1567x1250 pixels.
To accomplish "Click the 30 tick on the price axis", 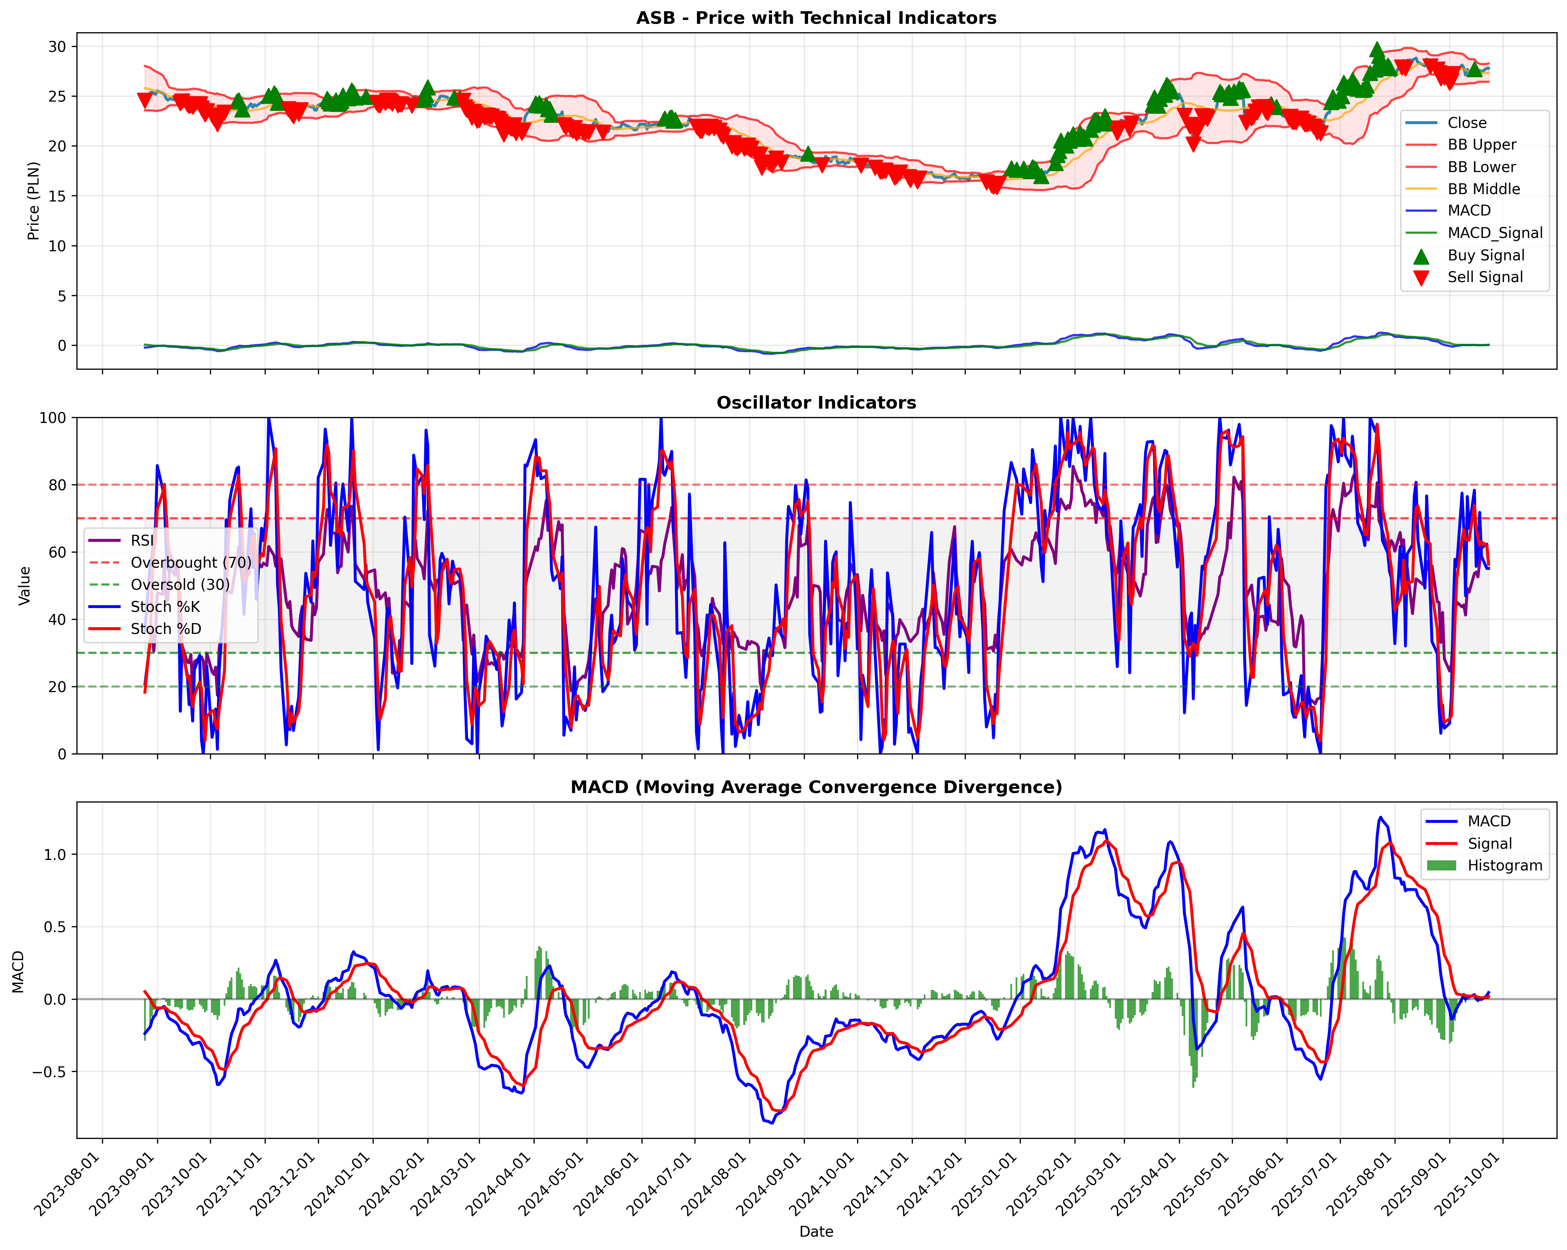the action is coord(57,47).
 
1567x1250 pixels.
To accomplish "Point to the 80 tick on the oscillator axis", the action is coord(57,485).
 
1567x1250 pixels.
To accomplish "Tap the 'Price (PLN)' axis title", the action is coord(33,200).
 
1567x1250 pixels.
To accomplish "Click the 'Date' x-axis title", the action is coord(816,1231).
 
